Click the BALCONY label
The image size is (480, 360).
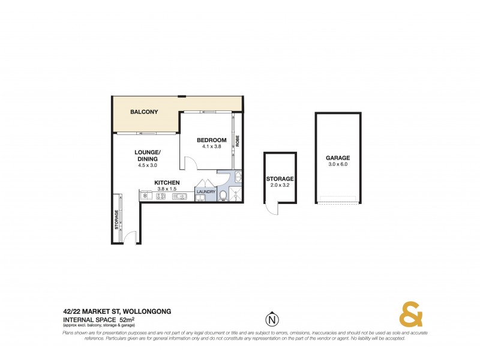pyautogui.click(x=144, y=112)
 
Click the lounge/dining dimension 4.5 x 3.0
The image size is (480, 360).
pyautogui.click(x=146, y=166)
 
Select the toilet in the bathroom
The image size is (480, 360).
pyautogui.click(x=223, y=194)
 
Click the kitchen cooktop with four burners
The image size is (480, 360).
pyautogui.click(x=161, y=196)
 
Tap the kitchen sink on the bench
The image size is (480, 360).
pyautogui.click(x=179, y=196)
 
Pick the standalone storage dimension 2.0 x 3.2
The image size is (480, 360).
pyautogui.click(x=280, y=185)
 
